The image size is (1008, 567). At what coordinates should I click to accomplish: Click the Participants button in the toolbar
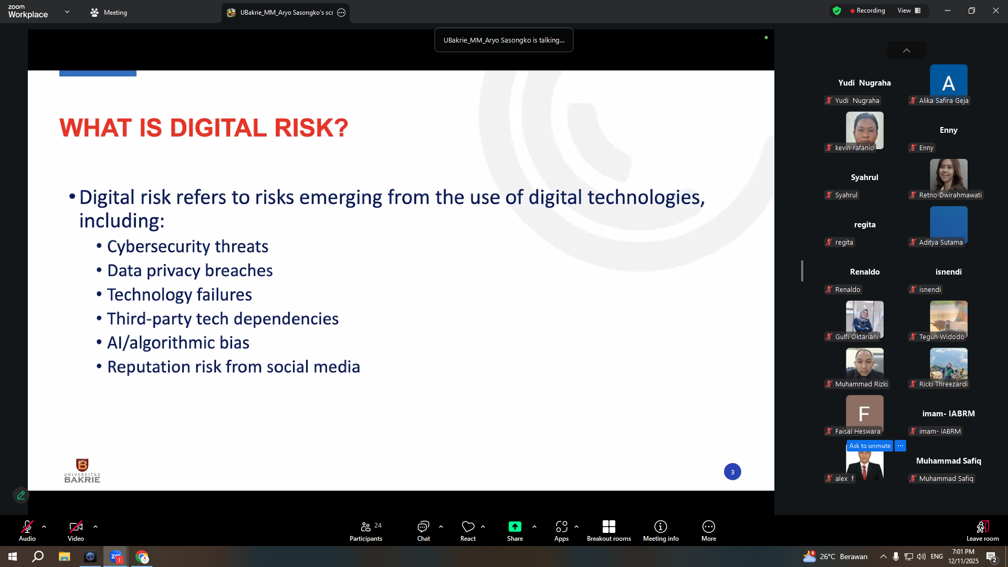(x=366, y=531)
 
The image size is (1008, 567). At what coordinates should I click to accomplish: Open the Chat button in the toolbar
(x=423, y=531)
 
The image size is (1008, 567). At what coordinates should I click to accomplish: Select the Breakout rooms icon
(x=609, y=527)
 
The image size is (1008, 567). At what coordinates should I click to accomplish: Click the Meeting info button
(x=660, y=531)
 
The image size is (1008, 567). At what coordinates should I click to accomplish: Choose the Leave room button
(x=983, y=531)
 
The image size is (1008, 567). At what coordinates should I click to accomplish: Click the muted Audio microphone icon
(x=27, y=527)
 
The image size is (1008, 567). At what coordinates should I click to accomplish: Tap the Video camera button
(x=76, y=527)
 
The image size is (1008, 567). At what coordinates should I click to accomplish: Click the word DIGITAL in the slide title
(x=218, y=128)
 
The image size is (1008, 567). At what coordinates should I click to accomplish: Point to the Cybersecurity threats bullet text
(x=187, y=246)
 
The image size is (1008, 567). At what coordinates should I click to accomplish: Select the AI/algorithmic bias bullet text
(x=178, y=343)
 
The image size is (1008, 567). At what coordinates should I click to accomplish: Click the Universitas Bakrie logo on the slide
(x=82, y=470)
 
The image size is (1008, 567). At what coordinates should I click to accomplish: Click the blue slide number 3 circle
(x=732, y=472)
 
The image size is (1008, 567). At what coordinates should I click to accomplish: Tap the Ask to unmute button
(x=869, y=446)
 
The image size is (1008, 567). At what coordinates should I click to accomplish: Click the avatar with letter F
(x=864, y=414)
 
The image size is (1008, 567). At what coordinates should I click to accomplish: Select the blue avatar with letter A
(x=948, y=82)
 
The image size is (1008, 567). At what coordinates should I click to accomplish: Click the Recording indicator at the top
(x=867, y=10)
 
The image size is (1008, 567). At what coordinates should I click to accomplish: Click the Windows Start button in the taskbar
(x=13, y=556)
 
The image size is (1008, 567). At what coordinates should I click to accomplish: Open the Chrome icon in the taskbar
(x=142, y=556)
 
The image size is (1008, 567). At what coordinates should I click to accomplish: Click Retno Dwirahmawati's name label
(x=950, y=195)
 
